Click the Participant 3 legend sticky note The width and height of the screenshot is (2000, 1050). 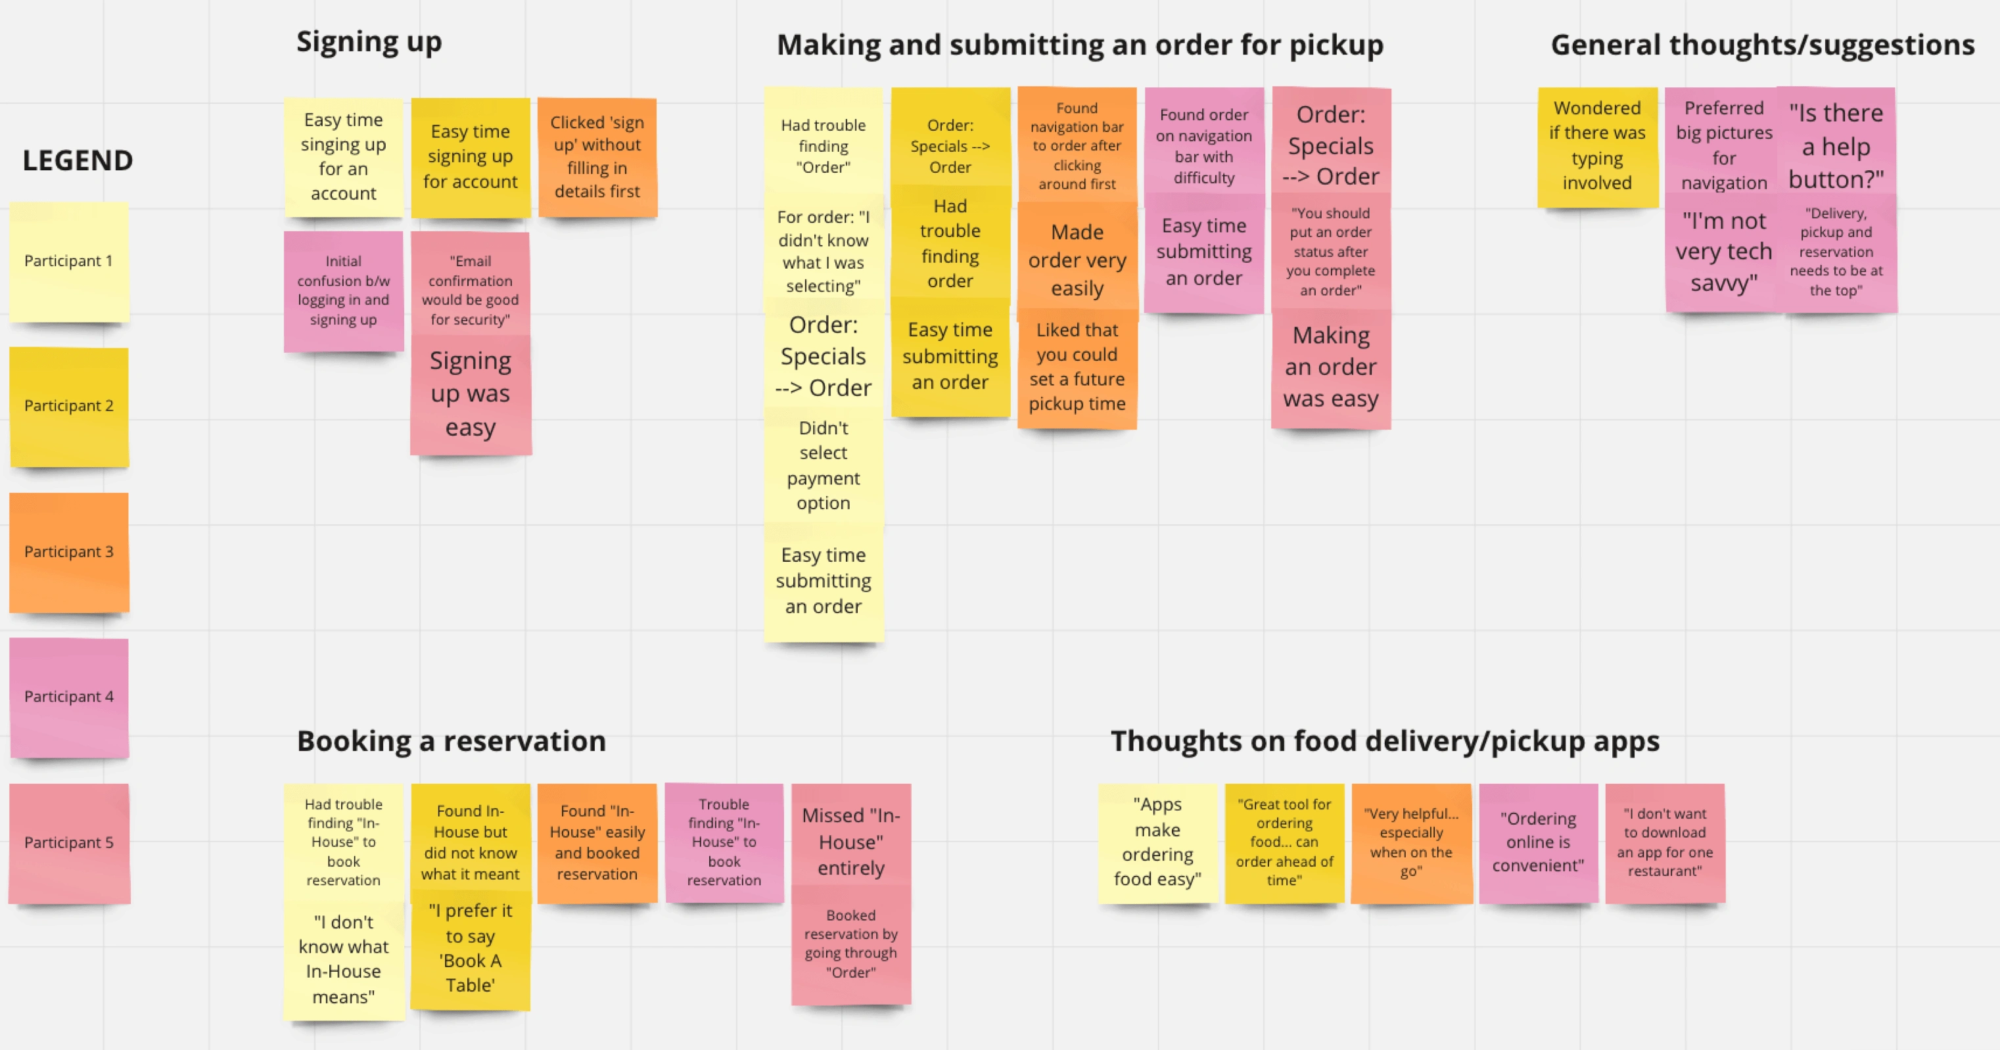point(69,552)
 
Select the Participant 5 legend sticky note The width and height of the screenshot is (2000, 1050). point(69,843)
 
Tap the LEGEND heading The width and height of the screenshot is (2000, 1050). point(78,160)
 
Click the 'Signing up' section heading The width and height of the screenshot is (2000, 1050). point(369,42)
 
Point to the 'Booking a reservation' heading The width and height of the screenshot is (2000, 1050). point(451,741)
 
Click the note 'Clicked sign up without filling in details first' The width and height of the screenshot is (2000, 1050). point(597,157)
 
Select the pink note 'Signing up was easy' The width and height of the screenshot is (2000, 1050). point(471,394)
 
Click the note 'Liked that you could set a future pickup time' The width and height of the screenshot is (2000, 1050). point(1077,367)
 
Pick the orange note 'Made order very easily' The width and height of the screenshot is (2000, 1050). point(1077,260)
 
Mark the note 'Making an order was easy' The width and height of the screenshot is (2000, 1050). point(1331,367)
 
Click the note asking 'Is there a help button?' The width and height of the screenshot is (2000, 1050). point(1836,146)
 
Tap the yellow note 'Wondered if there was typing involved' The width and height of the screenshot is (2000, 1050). point(1597,146)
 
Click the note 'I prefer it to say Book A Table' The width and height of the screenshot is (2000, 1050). point(471,947)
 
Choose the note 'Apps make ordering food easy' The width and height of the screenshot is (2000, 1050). point(1157,843)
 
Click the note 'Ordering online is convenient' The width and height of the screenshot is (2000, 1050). point(1538,843)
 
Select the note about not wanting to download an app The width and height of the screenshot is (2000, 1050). point(1665,843)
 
